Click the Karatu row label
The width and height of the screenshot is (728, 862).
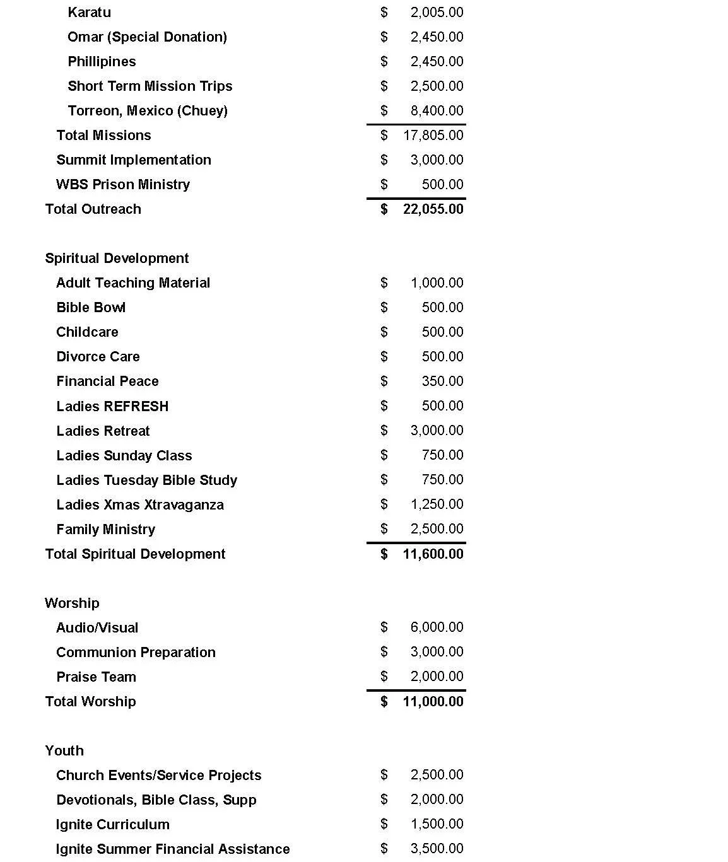[89, 13]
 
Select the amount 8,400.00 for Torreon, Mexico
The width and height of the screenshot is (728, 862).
[437, 111]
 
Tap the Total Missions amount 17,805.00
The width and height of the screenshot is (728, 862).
[433, 136]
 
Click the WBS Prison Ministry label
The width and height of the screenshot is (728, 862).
[123, 185]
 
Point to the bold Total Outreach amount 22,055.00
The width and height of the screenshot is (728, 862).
[433, 209]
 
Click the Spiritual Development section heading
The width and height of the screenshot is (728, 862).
[117, 259]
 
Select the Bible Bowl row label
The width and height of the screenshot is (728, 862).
[91, 308]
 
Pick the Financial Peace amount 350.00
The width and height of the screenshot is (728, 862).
[442, 381]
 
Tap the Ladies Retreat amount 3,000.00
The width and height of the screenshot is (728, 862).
[437, 431]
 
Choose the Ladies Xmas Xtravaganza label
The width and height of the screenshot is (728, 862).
[140, 505]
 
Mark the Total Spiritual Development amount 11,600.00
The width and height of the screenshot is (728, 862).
[433, 554]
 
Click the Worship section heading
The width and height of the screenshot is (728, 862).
[72, 603]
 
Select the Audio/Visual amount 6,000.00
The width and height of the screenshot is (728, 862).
[437, 627]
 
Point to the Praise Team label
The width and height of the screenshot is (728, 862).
[96, 677]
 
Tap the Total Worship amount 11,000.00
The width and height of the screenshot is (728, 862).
[433, 702]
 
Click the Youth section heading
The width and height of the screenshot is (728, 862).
[64, 751]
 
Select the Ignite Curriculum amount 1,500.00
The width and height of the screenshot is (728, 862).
[437, 824]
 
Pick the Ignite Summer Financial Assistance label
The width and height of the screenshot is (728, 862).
[173, 849]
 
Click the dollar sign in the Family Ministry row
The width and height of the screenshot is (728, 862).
[384, 529]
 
